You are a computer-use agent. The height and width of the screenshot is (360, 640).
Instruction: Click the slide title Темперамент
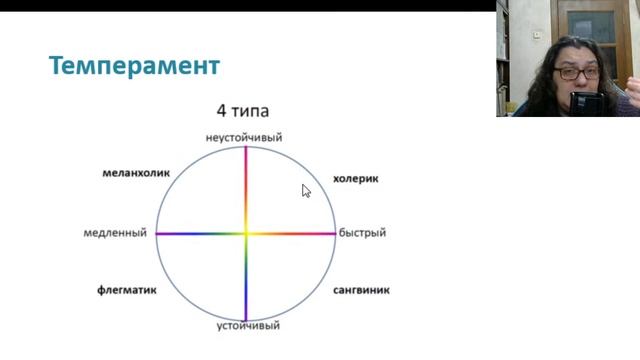[134, 67]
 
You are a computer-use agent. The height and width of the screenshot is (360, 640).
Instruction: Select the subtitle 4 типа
[243, 112]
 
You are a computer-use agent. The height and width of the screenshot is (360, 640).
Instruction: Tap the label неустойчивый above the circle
[244, 136]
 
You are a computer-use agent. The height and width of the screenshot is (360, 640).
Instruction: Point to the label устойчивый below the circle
[248, 326]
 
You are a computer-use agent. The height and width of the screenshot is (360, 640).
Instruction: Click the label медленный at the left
[115, 233]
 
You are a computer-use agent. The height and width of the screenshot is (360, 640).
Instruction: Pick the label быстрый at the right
[362, 233]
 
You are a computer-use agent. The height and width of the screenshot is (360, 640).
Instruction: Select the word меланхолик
[136, 173]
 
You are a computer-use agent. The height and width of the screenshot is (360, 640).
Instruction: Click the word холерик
[355, 180]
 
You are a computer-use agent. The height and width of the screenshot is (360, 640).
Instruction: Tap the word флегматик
[125, 291]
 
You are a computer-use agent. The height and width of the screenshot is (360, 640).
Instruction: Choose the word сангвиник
[361, 291]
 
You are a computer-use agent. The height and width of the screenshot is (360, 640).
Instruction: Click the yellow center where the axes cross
[245, 233]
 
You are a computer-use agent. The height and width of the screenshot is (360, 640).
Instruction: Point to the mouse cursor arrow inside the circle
[306, 190]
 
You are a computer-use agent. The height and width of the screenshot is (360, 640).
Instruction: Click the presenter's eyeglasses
[577, 73]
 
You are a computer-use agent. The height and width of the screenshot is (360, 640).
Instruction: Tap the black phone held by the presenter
[586, 103]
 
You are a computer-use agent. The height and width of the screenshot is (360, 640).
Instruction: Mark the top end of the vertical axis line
[245, 147]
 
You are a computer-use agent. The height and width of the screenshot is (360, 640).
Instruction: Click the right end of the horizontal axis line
[334, 233]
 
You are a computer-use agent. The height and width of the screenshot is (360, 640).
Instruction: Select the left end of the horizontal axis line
[156, 233]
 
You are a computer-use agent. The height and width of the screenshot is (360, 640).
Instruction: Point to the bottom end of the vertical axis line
[245, 319]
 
